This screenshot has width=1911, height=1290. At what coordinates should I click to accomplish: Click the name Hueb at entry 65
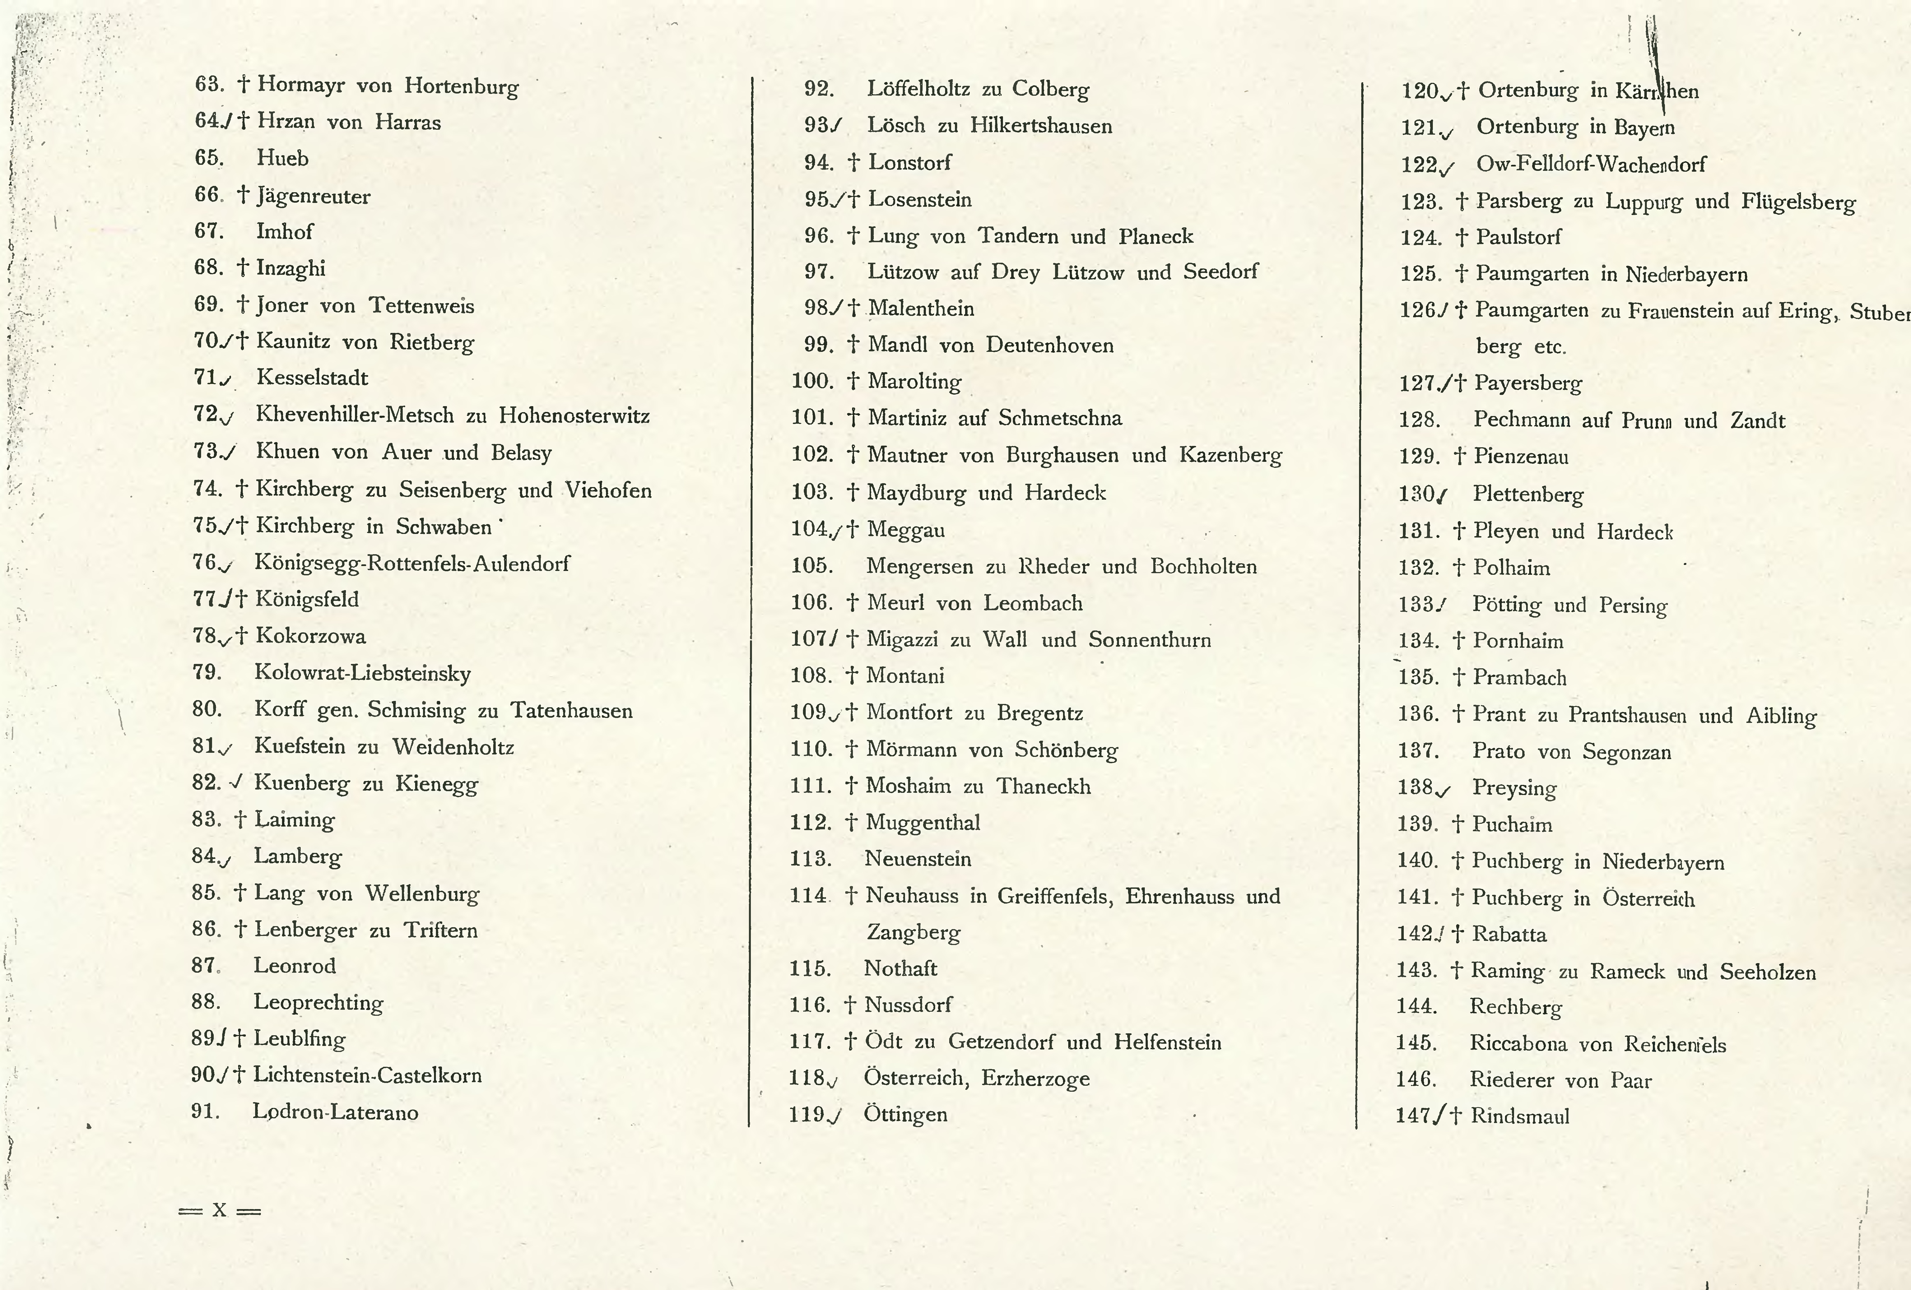click(x=282, y=158)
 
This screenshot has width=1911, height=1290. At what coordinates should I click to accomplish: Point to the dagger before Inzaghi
click(x=243, y=268)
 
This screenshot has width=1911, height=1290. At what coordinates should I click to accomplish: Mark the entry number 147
click(x=1413, y=1116)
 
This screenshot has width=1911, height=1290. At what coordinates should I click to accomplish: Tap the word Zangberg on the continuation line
click(x=914, y=932)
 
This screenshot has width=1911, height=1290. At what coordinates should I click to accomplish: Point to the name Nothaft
click(x=900, y=969)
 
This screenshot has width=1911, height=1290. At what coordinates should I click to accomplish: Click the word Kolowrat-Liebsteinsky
click(x=363, y=673)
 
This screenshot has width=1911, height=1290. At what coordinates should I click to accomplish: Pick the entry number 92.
click(x=819, y=89)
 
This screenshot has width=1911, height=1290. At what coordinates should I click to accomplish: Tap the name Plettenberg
click(x=1528, y=494)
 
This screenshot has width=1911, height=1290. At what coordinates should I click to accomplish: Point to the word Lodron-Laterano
click(x=336, y=1112)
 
